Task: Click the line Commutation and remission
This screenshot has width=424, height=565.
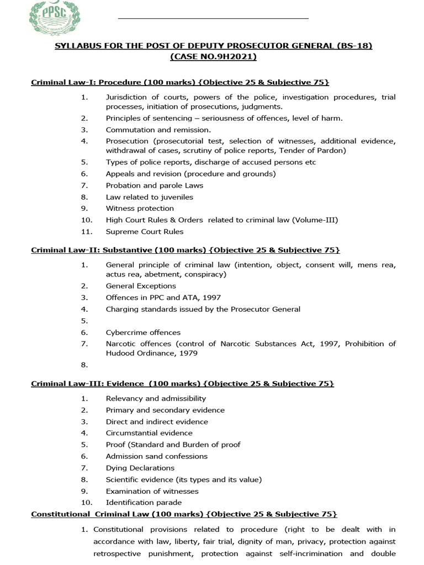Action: click(158, 130)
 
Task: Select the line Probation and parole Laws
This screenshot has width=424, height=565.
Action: click(155, 185)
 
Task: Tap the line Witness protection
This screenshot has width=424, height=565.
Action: click(140, 208)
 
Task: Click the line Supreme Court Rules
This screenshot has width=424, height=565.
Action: click(145, 231)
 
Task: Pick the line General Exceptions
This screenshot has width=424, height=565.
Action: click(141, 286)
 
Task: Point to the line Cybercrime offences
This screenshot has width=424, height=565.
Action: click(143, 332)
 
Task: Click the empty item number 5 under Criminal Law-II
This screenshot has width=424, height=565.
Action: click(84, 321)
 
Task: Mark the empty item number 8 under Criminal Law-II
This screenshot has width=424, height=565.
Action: click(84, 365)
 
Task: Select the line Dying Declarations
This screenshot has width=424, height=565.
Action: click(140, 468)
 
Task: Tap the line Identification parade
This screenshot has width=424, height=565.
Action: click(144, 502)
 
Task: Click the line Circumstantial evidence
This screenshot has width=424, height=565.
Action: click(149, 433)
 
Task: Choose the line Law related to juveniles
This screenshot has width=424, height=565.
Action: click(149, 197)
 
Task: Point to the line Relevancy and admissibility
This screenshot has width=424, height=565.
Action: click(156, 398)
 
